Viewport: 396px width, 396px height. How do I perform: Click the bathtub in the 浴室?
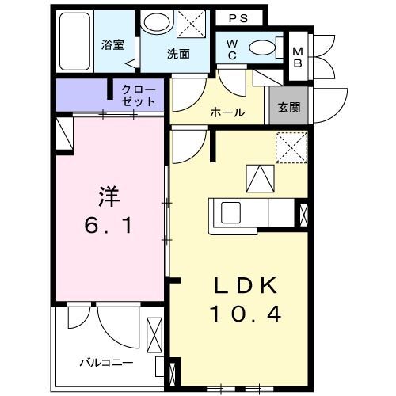[x=74, y=41]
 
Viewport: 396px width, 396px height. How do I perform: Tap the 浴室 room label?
[x=112, y=45]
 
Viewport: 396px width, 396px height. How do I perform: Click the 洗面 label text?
[x=178, y=54]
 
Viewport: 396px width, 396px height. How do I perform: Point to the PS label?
[x=238, y=18]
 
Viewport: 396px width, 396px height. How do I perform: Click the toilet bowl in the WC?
[x=262, y=48]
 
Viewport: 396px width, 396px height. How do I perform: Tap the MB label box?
[x=298, y=57]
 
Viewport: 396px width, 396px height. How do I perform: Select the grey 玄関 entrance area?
[x=288, y=105]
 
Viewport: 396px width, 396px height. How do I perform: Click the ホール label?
[x=227, y=112]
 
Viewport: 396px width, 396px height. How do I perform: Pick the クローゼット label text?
[x=139, y=96]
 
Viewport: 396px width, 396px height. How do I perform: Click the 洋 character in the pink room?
[x=109, y=196]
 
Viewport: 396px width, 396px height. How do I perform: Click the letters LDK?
[x=246, y=285]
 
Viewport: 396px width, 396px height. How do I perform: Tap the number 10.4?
[x=246, y=314]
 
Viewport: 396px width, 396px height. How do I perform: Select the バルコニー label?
[x=106, y=363]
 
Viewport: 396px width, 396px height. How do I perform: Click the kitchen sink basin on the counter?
[x=230, y=212]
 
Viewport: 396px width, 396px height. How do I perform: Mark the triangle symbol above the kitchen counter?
[x=260, y=178]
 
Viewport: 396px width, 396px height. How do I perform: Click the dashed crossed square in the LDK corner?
[x=291, y=147]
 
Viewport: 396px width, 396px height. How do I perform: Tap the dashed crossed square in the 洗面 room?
[x=191, y=24]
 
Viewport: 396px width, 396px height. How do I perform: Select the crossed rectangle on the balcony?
[x=154, y=335]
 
